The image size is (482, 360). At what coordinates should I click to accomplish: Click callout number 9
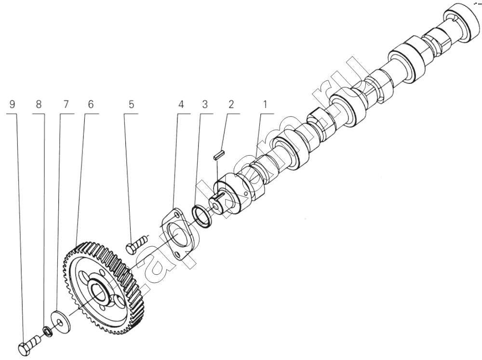click(x=13, y=105)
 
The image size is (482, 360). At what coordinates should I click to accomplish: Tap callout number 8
click(x=39, y=105)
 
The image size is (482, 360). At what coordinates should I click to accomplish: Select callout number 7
click(x=66, y=105)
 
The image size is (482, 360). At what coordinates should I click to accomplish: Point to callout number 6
click(x=91, y=105)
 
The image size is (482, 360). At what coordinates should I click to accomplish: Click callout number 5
click(x=131, y=105)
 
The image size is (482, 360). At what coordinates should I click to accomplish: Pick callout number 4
click(x=181, y=105)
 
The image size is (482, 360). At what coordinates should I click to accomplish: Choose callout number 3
click(x=205, y=105)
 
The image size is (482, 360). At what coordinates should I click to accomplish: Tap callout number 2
click(x=231, y=105)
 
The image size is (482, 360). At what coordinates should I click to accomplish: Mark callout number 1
click(x=264, y=105)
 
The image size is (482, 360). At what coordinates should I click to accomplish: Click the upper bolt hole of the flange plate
click(x=176, y=214)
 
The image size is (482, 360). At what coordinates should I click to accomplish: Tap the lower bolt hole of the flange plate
click(x=177, y=255)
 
